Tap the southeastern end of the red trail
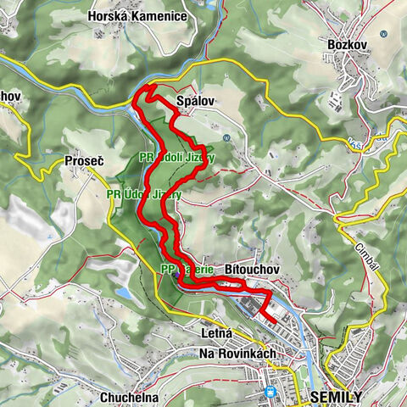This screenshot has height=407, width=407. [x=277, y=320]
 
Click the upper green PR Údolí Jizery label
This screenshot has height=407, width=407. [x=177, y=158]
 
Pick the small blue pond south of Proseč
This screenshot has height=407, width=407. [x=125, y=293]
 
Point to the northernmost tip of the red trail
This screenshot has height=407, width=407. [x=149, y=87]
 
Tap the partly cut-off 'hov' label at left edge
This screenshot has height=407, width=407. [x=10, y=97]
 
